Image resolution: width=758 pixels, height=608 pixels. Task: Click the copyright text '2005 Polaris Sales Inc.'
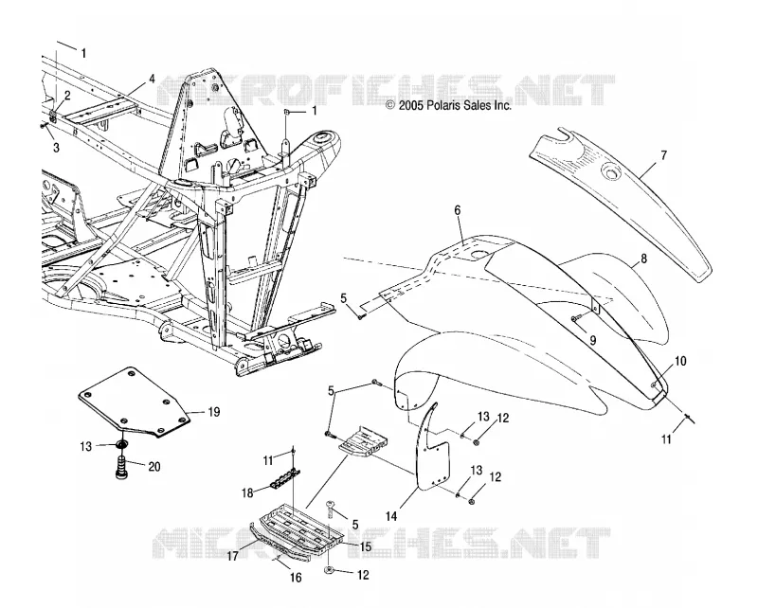coord(455,105)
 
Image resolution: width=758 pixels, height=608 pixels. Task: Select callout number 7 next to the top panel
coord(664,155)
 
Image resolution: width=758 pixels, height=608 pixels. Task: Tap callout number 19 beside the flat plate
coord(214,412)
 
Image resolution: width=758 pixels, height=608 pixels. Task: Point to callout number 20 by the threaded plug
coord(154,467)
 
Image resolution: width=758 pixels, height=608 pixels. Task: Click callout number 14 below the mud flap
coord(391,517)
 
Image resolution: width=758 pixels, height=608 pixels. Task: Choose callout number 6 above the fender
coord(458,209)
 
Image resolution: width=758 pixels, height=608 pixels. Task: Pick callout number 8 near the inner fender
coord(643,259)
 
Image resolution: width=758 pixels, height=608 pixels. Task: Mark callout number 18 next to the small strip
coord(248,493)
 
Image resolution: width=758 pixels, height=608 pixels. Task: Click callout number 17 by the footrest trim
coord(232,556)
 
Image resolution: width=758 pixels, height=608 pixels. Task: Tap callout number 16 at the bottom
coord(296,577)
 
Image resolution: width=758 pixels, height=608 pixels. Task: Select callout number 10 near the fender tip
coord(680,361)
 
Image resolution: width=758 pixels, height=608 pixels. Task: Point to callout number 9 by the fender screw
coord(593,340)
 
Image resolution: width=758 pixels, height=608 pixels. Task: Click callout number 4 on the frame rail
coord(152,79)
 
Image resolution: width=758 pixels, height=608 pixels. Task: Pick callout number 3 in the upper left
coord(56,148)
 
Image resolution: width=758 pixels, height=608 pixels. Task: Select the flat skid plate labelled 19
coord(133,402)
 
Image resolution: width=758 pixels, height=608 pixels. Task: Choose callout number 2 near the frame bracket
coord(67,96)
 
